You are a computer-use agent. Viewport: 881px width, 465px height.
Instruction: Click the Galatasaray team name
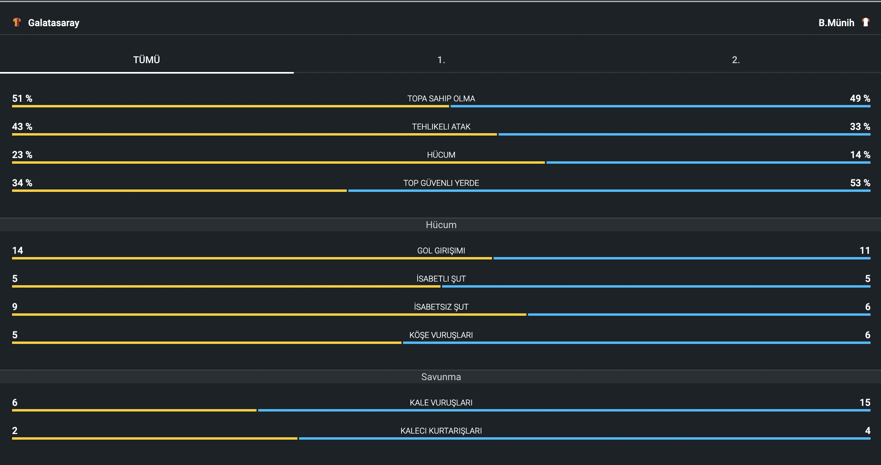(53, 23)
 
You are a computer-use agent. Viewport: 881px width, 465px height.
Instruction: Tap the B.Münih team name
(836, 23)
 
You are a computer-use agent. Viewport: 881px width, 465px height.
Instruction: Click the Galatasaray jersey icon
(16, 22)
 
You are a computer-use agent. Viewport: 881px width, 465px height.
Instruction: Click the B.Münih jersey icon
(866, 22)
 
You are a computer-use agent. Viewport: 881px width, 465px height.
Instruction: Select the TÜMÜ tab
(147, 60)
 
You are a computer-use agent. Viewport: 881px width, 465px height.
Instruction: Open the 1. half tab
(441, 60)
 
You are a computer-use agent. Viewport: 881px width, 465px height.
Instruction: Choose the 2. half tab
(736, 60)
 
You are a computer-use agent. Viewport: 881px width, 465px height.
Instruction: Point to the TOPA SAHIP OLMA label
(441, 99)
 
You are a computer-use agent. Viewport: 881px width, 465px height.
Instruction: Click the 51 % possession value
(22, 99)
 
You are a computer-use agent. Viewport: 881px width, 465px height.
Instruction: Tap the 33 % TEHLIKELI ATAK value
(860, 127)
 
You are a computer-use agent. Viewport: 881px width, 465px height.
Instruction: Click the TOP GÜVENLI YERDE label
(441, 183)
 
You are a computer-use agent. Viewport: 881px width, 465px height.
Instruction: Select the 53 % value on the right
(860, 183)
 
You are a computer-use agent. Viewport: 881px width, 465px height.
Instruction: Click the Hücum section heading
(441, 225)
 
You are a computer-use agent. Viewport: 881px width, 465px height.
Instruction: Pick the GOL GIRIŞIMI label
(441, 251)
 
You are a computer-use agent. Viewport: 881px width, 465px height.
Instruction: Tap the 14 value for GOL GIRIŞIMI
(18, 251)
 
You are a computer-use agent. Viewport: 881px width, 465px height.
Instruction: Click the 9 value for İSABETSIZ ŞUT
(15, 307)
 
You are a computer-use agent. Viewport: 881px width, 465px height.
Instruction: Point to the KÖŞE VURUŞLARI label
(441, 335)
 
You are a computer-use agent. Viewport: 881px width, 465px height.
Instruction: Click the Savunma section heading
(441, 377)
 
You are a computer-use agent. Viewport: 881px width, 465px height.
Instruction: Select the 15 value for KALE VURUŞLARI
(865, 403)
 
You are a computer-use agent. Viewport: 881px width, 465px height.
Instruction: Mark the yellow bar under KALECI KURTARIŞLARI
(155, 438)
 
